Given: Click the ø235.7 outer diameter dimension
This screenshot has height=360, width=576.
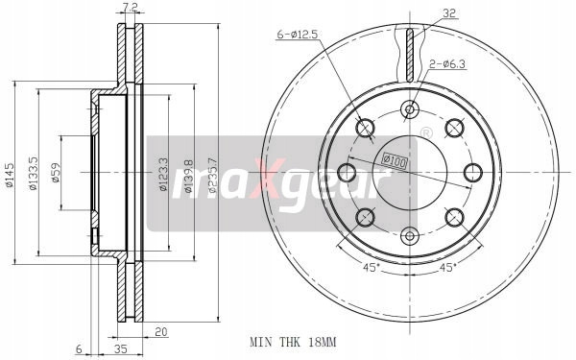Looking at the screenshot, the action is pyautogui.click(x=212, y=176).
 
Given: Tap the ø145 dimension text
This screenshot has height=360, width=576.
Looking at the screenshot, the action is pyautogui.click(x=9, y=176).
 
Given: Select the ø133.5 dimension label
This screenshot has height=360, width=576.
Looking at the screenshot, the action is pyautogui.click(x=33, y=174).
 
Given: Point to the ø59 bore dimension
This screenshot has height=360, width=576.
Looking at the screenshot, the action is pyautogui.click(x=56, y=173).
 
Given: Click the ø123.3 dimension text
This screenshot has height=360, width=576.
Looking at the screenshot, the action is pyautogui.click(x=163, y=175).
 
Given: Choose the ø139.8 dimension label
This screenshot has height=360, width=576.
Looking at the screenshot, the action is pyautogui.click(x=188, y=176).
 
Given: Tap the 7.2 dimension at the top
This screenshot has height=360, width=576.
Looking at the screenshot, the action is pyautogui.click(x=131, y=7).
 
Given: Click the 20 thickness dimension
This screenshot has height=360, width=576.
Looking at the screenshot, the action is pyautogui.click(x=161, y=332).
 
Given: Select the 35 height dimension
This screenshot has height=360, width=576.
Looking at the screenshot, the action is pyautogui.click(x=121, y=349).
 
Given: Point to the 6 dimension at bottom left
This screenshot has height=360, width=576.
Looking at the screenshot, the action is pyautogui.click(x=79, y=349).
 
